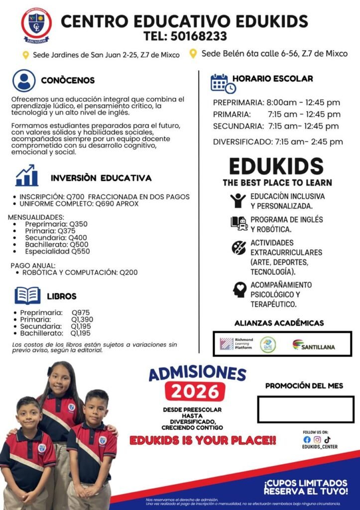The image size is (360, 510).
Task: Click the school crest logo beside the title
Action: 36,24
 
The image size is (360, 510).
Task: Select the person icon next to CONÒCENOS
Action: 24,80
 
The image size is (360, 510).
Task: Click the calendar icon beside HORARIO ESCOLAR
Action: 222,83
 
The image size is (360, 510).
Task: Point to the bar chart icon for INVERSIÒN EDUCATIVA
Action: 26,176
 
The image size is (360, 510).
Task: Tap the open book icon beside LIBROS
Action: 27,295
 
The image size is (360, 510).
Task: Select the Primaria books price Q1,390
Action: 82,319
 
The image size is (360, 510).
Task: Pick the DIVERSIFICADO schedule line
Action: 278,142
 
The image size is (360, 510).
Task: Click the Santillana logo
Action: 313,345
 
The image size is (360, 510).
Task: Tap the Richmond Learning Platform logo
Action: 237,344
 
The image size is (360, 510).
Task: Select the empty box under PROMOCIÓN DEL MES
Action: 305,409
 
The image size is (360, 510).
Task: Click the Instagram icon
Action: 317,439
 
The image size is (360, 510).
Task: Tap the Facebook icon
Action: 307,439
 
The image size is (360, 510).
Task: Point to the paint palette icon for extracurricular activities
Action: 239,247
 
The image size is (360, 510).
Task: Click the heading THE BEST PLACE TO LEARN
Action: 277,182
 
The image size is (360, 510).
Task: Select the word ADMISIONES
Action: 197,374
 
